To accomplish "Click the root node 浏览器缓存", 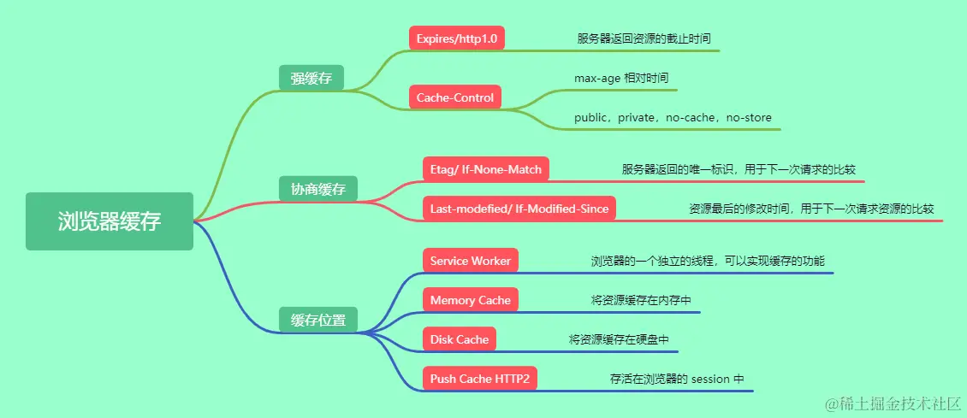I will coord(110,221).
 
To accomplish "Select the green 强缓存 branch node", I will coord(311,79).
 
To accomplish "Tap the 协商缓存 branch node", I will coord(318,189).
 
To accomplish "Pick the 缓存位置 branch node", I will coord(318,321).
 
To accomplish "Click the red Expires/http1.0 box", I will coord(457,38).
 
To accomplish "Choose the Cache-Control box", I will coord(455,97).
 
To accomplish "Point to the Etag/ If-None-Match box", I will coord(486,169).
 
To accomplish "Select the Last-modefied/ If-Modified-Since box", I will coord(519,209).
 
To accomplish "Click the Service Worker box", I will coord(471,261).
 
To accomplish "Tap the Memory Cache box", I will coord(471,300).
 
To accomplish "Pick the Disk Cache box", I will coord(460,339).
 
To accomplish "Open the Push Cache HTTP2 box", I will coord(480,379).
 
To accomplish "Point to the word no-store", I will coord(749,117).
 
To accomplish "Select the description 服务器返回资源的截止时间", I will coord(644,38).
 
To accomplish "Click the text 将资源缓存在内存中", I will coord(641,300).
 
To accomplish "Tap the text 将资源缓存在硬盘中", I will coord(619,339).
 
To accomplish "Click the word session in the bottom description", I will coord(710,379).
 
